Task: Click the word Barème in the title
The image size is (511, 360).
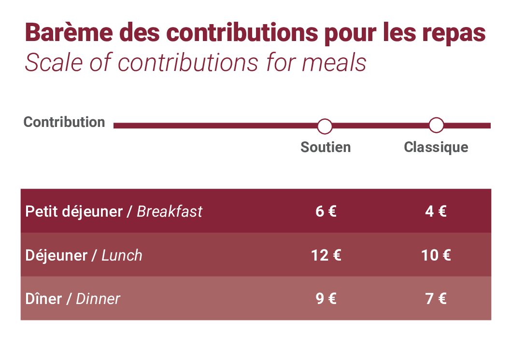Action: click(69, 32)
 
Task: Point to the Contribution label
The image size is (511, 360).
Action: click(64, 122)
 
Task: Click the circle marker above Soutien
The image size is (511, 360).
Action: click(325, 126)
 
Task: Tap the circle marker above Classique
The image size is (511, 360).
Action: click(436, 125)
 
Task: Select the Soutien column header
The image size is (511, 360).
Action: click(326, 147)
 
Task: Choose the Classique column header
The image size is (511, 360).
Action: click(436, 148)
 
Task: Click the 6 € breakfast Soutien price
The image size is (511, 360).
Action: click(326, 211)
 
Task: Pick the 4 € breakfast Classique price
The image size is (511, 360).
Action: click(436, 211)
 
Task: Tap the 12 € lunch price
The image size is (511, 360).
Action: click(326, 255)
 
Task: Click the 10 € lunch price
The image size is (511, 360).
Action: click(436, 255)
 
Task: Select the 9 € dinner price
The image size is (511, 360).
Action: click(326, 299)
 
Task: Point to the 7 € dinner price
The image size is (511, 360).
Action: click(436, 299)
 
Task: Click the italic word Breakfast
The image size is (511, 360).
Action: click(170, 211)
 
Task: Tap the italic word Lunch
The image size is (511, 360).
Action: click(122, 255)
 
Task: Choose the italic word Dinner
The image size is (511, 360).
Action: click(98, 299)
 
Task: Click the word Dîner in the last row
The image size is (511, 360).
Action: click(43, 299)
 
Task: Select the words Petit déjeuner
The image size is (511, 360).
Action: click(74, 212)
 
